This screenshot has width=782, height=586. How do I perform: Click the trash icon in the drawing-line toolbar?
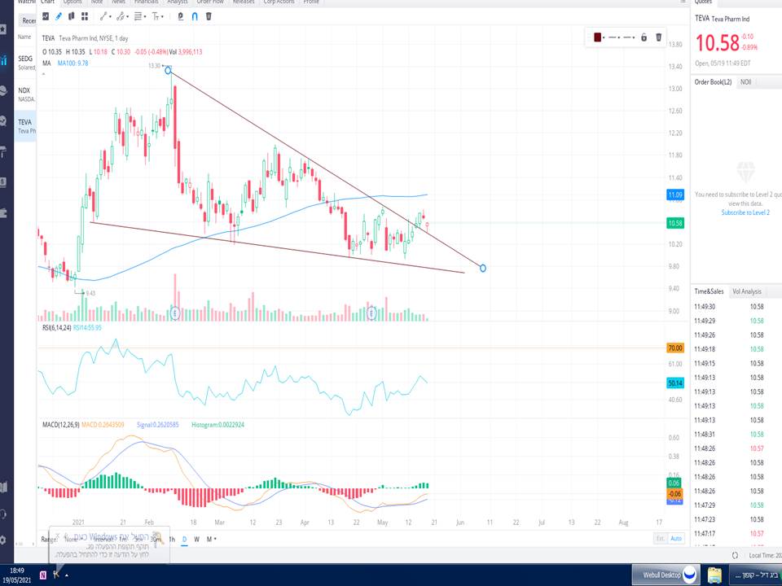coord(659,37)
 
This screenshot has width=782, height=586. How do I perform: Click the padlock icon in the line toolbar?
coord(644,37)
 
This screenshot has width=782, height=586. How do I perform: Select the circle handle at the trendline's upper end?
coord(168,70)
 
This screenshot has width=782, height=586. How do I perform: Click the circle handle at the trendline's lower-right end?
coord(484,268)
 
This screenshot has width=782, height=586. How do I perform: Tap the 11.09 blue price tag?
coord(675,195)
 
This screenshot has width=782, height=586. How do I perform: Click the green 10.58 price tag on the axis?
coord(675,222)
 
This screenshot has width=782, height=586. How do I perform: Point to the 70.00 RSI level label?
coord(675,348)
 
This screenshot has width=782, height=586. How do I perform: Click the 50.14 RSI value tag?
coord(675,383)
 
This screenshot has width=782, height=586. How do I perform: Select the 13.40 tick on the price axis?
coord(675,67)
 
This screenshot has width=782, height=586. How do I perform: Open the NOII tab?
coord(745,82)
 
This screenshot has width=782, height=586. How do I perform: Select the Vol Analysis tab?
coord(746,291)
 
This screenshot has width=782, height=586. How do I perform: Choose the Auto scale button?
coord(676,539)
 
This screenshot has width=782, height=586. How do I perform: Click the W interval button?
coord(196,539)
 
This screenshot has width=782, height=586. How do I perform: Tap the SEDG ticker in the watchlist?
coord(25,59)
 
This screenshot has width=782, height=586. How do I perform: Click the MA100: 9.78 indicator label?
coord(73,63)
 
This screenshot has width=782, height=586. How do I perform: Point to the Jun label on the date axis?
coord(460,523)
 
